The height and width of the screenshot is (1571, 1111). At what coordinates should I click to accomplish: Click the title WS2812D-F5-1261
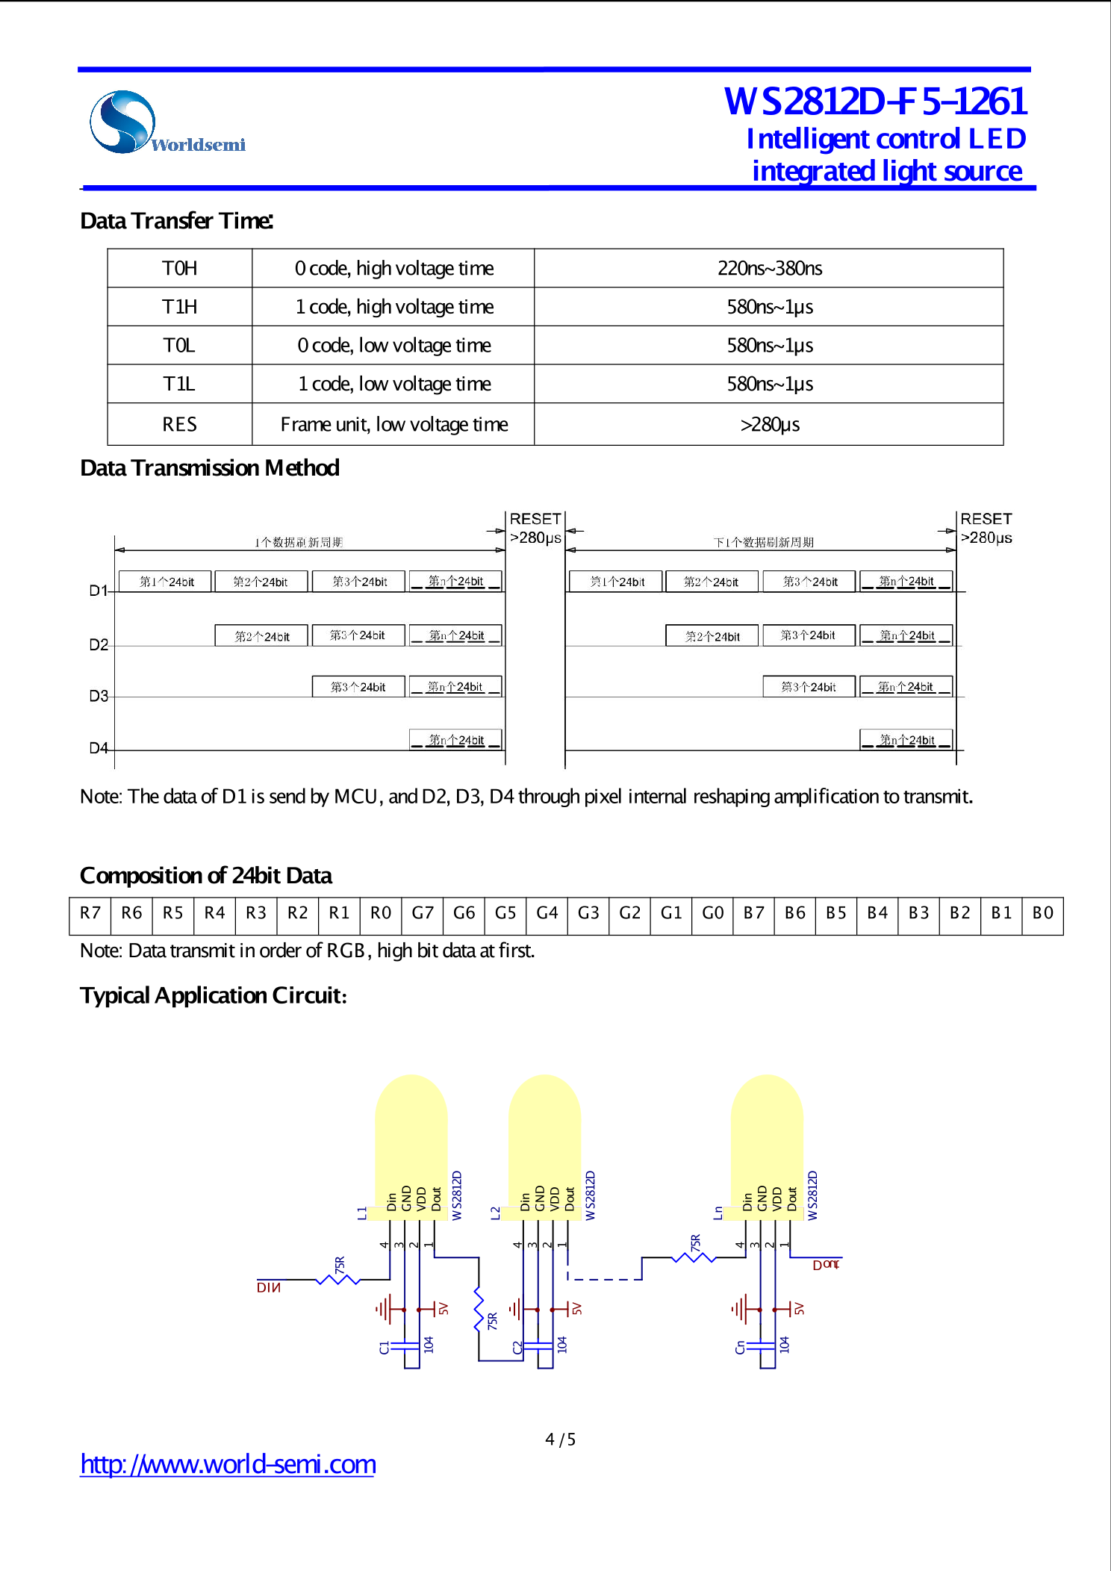[x=875, y=102]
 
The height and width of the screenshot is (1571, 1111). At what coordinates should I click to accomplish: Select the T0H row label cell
[x=180, y=268]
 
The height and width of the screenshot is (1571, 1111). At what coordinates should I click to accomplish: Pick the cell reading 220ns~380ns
[x=769, y=268]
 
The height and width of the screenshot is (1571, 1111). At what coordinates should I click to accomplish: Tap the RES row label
[x=180, y=424]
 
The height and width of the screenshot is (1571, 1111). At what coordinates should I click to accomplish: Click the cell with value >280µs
[x=769, y=424]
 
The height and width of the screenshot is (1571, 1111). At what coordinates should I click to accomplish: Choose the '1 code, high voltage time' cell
[x=393, y=307]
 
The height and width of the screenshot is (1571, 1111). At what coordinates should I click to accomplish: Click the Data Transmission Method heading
[x=210, y=468]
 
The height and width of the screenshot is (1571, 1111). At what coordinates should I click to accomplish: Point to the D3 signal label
[x=99, y=696]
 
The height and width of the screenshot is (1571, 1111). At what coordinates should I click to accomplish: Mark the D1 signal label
[x=99, y=591]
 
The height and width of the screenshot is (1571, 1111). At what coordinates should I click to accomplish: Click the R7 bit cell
[x=90, y=913]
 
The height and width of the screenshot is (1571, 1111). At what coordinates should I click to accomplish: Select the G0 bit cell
[x=712, y=913]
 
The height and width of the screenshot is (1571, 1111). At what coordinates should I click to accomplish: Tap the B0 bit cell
[x=1042, y=913]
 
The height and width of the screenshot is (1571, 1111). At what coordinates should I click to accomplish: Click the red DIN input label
[x=269, y=1287]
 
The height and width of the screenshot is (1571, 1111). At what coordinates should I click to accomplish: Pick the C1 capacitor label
[x=385, y=1348]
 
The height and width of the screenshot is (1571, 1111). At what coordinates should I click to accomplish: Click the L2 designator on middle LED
[x=495, y=1213]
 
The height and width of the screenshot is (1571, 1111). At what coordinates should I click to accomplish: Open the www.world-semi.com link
[x=228, y=1464]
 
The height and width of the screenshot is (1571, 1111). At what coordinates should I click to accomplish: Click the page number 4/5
[x=560, y=1440]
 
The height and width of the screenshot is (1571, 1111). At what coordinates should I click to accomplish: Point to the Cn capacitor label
[x=740, y=1348]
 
